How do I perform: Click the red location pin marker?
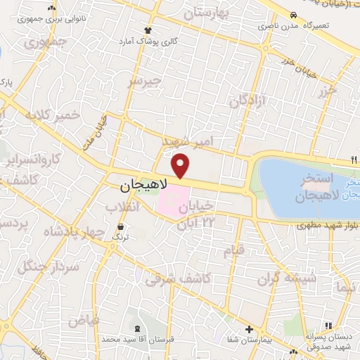coord(181,165)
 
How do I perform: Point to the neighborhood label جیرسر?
coord(144,82)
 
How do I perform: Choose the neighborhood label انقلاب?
coord(122,207)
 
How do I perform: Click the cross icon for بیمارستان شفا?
coord(249,329)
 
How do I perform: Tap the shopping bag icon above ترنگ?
coord(122,227)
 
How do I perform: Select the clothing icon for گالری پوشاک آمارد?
coord(148,30)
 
